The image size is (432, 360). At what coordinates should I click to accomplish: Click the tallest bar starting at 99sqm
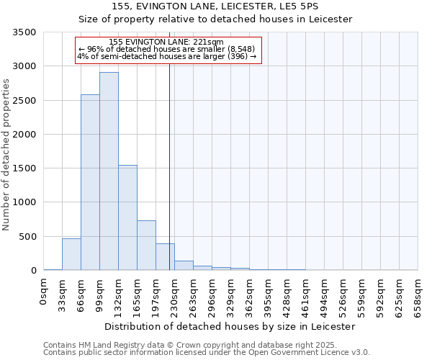[x=109, y=171]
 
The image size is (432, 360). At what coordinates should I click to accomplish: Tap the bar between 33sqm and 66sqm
[x=71, y=254]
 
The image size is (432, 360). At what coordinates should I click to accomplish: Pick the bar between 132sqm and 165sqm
[x=127, y=217]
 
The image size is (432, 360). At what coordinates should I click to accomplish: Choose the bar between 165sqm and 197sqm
[x=146, y=245]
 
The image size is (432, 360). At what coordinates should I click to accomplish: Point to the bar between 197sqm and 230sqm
[x=165, y=256]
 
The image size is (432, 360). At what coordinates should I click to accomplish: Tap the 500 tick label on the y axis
[x=28, y=237]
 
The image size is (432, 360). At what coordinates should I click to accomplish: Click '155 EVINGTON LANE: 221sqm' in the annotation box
[x=166, y=42]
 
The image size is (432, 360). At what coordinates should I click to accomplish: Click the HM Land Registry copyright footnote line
[x=205, y=345]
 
